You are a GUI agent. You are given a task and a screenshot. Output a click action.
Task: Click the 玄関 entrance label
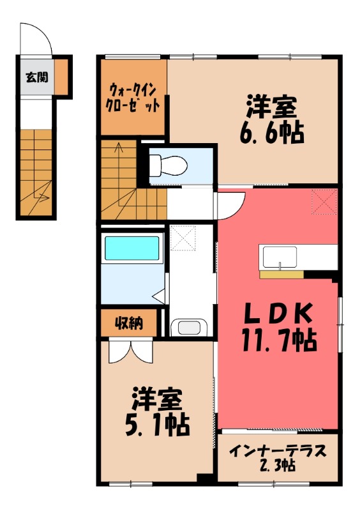pos(35,78)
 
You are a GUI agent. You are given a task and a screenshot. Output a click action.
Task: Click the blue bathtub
pos(131,247)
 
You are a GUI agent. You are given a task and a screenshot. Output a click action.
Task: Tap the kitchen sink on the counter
pos(278,257)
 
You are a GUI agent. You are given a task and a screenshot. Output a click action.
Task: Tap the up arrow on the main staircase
pos(119,150)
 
